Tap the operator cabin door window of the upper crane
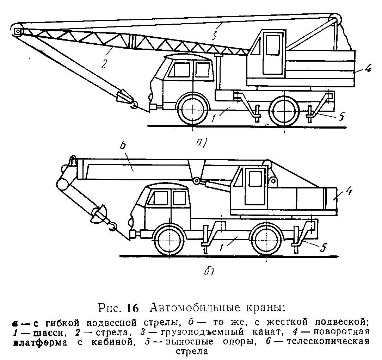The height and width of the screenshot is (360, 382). coord(272,45)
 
